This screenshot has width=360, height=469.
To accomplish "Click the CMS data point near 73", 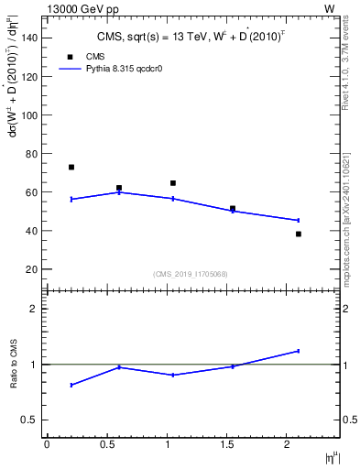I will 71,167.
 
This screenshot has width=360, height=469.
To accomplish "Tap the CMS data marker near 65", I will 172,183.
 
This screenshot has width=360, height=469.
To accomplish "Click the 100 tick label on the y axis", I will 31,115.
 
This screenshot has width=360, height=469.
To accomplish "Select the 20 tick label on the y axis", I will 34,268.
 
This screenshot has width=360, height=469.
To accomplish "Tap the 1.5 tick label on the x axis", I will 227,444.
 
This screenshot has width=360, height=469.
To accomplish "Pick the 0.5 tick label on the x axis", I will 107,444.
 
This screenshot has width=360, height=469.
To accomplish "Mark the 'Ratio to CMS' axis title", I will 14,364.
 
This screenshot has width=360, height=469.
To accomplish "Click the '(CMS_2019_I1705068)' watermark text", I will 191,273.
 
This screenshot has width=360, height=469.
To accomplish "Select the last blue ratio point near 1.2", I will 298,351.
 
